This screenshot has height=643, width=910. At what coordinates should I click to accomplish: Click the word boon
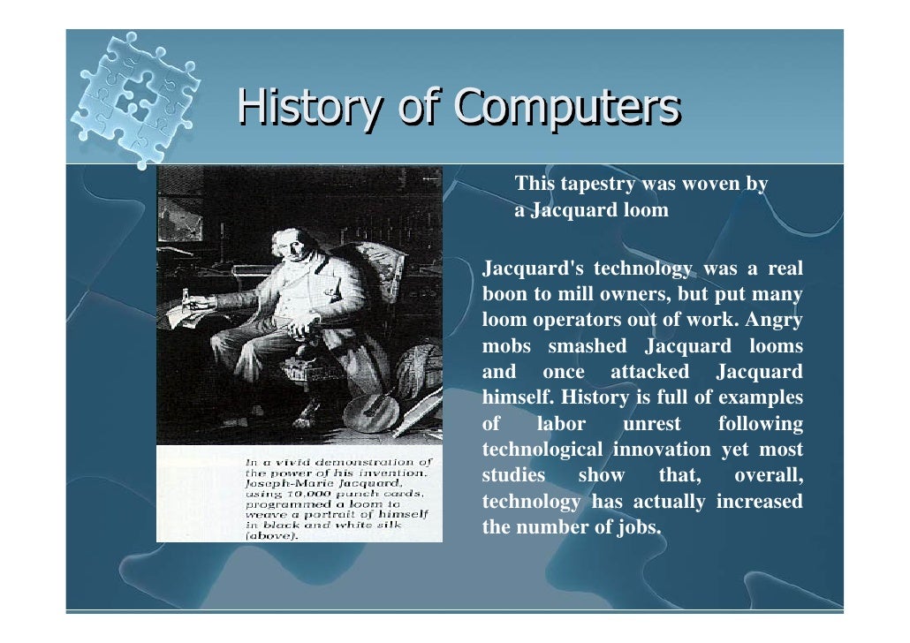tap(504, 294)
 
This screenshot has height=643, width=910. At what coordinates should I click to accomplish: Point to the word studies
tap(513, 476)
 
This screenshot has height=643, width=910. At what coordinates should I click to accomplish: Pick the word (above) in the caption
tap(273, 535)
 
